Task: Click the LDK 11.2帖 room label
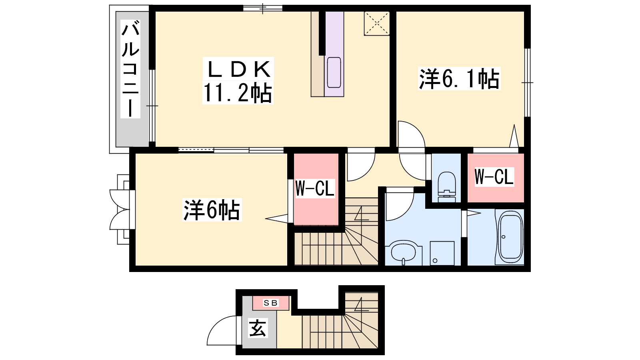pyautogui.click(x=238, y=80)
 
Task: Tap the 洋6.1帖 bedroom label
pyautogui.click(x=459, y=78)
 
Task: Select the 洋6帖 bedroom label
pyautogui.click(x=212, y=210)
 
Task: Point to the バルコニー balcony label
pyautogui.click(x=130, y=69)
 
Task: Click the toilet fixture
pyautogui.click(x=446, y=187)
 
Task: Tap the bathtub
pyautogui.click(x=510, y=237)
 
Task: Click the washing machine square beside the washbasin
pyautogui.click(x=442, y=253)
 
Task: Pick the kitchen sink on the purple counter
pyautogui.click(x=334, y=72)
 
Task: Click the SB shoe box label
pyautogui.click(x=270, y=303)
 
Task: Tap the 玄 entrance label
pyautogui.click(x=258, y=328)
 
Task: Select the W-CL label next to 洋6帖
pyautogui.click(x=314, y=188)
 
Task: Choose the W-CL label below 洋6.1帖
pyautogui.click(x=494, y=177)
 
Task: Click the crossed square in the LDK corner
pyautogui.click(x=376, y=24)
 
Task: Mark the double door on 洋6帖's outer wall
pyautogui.click(x=120, y=210)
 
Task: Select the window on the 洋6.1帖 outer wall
pyautogui.click(x=528, y=82)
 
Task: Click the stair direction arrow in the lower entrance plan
pyautogui.click(x=361, y=304)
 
